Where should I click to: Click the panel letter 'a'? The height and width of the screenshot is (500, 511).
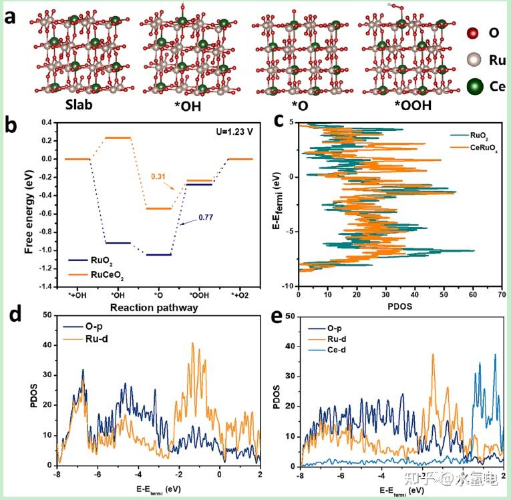11,16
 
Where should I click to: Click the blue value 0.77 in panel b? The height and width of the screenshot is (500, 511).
204,216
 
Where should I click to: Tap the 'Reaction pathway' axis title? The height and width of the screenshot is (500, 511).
160,309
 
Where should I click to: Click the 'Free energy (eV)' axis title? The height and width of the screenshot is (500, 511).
29,204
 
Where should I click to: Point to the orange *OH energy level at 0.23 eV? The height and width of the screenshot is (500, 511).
118,138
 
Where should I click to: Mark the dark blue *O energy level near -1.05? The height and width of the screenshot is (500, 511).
158,254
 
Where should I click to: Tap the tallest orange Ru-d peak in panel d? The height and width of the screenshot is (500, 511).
192,344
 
